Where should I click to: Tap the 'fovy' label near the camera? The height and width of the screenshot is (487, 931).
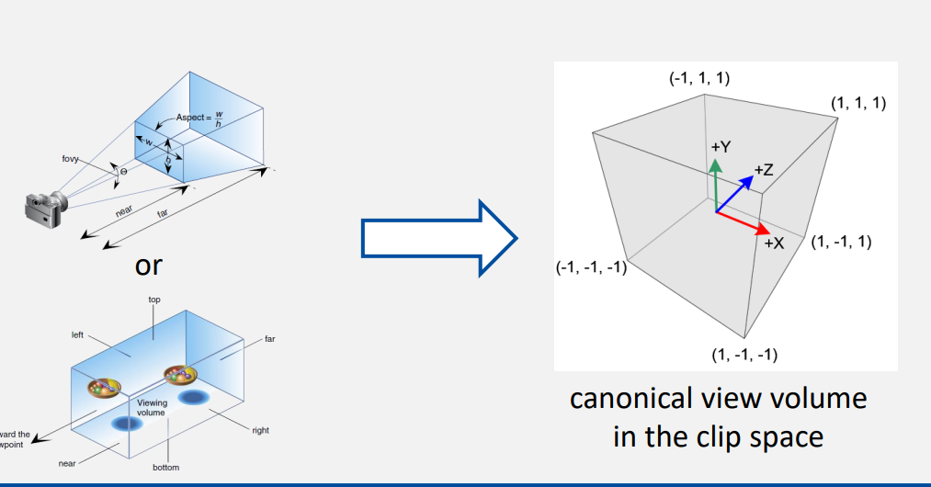pos(71,160)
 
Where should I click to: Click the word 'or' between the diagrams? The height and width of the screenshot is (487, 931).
pos(148,266)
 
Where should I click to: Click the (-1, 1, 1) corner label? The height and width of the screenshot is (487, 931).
pos(699,78)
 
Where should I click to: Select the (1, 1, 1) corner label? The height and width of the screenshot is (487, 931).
pos(857,103)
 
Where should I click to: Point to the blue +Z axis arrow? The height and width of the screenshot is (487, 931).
pos(736,193)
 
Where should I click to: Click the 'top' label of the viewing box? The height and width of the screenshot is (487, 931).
pos(154,300)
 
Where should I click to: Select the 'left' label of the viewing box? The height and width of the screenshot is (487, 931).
pos(77,335)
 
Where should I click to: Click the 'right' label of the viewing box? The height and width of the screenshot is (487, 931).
pos(260,429)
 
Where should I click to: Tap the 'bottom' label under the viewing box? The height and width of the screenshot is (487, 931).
pos(165,468)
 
